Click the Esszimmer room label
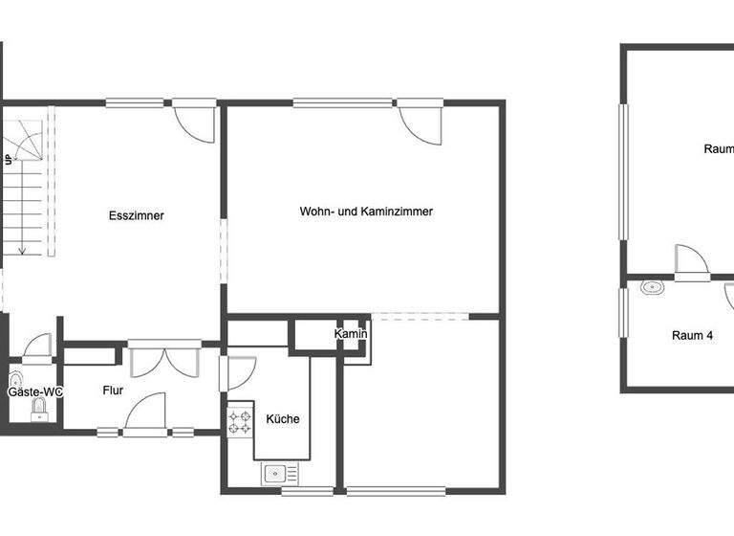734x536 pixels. point(136,215)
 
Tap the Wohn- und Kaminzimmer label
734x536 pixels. point(366,211)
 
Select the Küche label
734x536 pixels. point(283,418)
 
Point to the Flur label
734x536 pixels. point(113,390)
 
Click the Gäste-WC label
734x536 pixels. point(35,391)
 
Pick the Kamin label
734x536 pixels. point(351,333)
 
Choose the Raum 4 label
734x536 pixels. point(692,335)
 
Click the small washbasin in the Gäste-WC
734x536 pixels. point(15,378)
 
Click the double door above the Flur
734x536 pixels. point(164,361)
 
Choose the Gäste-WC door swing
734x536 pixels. point(37,346)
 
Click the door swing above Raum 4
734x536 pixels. point(690,261)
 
